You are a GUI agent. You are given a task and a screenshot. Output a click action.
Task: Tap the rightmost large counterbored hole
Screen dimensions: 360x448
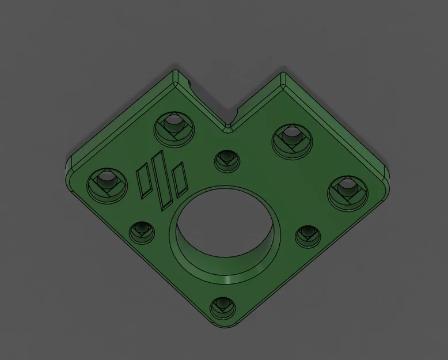coord(347,189)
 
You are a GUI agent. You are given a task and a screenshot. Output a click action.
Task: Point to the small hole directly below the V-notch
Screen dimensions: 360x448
coord(226,160)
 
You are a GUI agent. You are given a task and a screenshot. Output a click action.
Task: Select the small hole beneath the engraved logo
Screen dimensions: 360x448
coord(141,232)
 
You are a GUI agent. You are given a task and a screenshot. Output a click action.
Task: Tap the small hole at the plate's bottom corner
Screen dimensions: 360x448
coord(221,308)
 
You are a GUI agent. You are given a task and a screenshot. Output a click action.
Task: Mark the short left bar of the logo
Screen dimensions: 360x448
coord(145,180)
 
